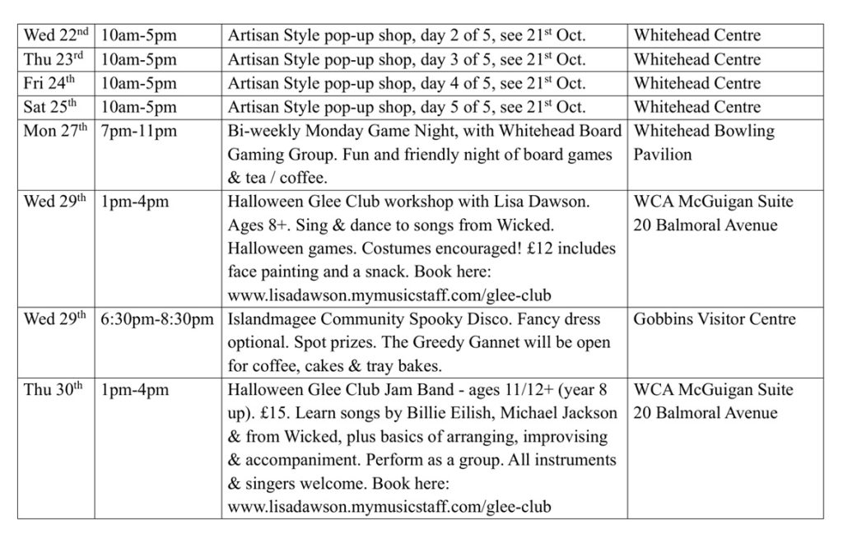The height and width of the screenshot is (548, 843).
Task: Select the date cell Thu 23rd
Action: coord(54,59)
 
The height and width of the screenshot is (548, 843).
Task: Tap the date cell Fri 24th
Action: coord(52,83)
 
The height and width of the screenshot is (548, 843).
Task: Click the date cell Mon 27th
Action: coord(55,131)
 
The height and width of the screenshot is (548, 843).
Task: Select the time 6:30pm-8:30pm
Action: coord(157,319)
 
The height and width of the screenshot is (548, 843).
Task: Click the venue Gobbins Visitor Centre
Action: coord(714,319)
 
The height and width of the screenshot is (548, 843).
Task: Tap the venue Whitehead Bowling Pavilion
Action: coord(704,142)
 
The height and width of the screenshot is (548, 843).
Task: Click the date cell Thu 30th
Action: coord(54,390)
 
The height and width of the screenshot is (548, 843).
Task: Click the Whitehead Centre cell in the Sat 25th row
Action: coord(696,107)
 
